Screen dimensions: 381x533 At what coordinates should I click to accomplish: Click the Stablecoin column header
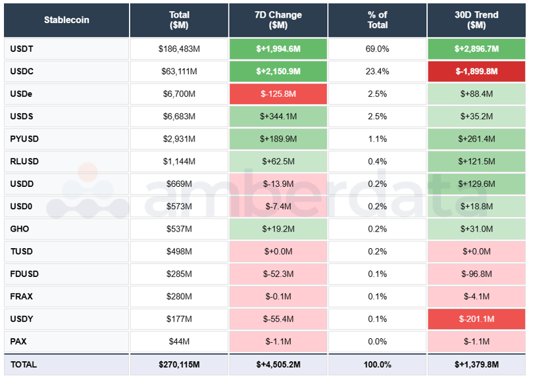click(x=66, y=20)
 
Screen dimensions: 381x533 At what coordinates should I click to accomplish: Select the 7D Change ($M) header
click(x=278, y=20)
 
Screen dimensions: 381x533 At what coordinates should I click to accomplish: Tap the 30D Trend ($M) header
click(x=476, y=20)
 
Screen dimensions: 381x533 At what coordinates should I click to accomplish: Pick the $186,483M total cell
click(x=179, y=49)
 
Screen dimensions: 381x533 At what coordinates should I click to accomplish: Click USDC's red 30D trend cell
click(x=476, y=71)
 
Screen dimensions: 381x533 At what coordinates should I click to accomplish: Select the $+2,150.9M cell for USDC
click(x=278, y=71)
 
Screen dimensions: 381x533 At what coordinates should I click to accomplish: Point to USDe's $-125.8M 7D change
click(x=278, y=94)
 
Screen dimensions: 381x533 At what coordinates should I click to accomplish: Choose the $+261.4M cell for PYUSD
click(x=476, y=139)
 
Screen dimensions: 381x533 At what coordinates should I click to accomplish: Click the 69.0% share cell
click(x=377, y=49)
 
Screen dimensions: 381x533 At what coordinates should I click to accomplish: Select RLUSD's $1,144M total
click(x=179, y=161)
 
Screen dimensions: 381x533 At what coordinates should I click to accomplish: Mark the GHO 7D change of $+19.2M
click(x=278, y=229)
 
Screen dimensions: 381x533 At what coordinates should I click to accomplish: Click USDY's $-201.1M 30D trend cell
click(x=476, y=319)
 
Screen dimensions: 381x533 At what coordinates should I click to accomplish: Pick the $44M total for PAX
click(x=179, y=342)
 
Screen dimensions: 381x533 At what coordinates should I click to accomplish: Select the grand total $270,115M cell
click(x=179, y=365)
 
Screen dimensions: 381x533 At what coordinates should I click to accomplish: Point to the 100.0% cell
click(x=377, y=365)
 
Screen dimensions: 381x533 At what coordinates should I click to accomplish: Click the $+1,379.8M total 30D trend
click(x=476, y=365)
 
